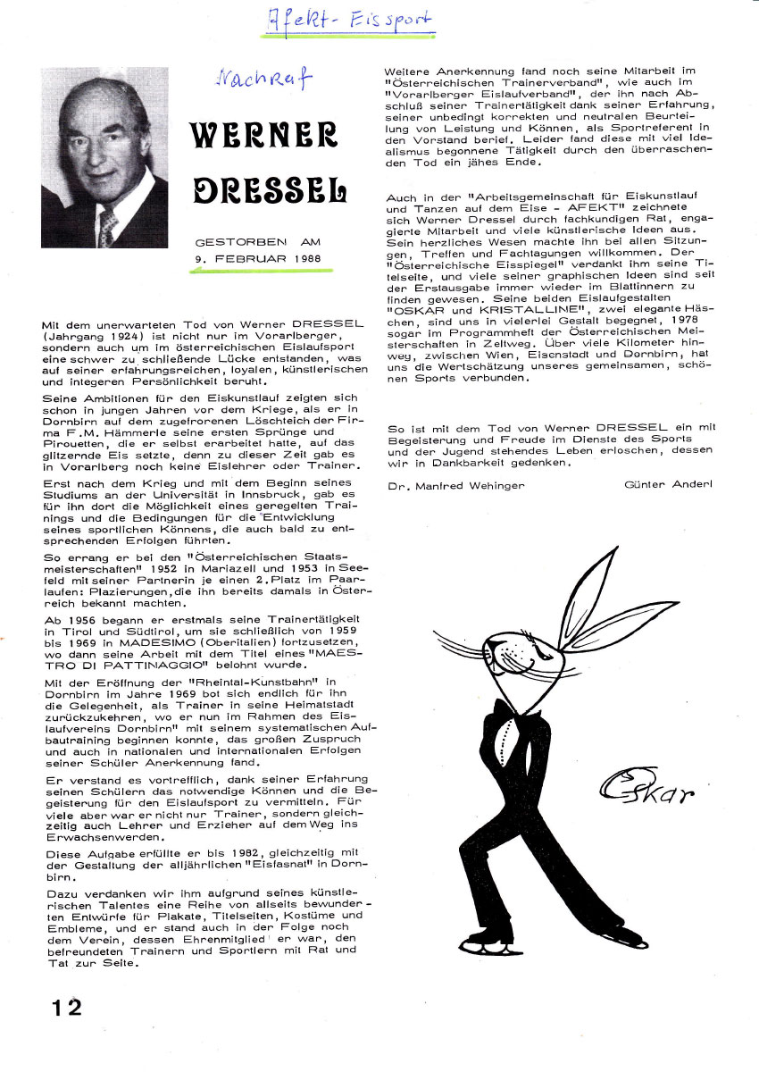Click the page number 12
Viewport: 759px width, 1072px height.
(66, 1007)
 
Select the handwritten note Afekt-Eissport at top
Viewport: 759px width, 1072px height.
(349, 20)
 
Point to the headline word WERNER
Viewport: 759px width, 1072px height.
(263, 133)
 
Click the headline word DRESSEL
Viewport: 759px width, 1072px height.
(269, 188)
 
